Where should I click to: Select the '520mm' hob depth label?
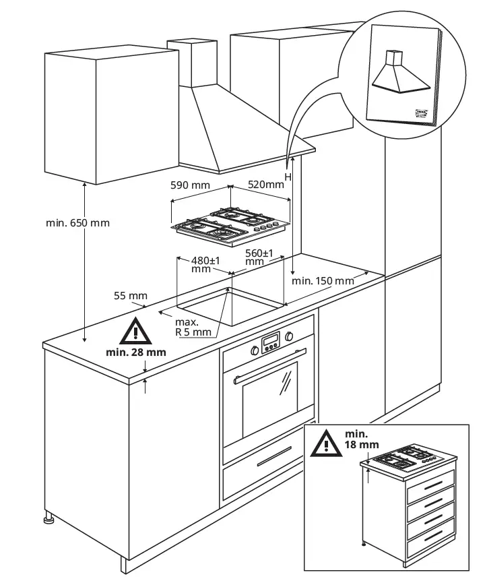coord(266,184)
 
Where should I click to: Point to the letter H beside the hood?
coord(288,177)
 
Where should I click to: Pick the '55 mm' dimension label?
coord(130,296)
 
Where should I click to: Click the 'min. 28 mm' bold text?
coord(135,352)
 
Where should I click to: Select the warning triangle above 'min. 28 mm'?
coord(135,331)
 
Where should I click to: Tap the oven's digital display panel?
coord(270,342)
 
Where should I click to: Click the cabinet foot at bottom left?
coord(49,519)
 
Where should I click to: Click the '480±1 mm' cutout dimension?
coord(201,264)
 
